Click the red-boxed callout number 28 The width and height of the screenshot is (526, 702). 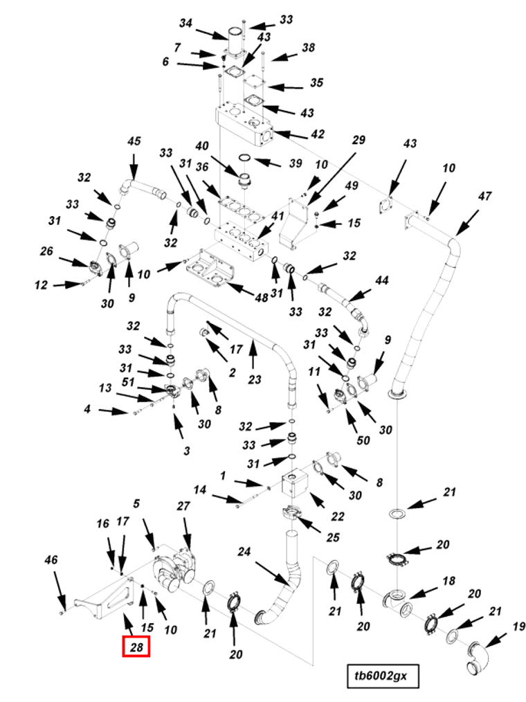(136, 647)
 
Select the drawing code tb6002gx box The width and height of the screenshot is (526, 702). (383, 676)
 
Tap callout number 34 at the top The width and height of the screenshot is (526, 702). (185, 23)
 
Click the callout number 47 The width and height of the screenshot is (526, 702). (484, 196)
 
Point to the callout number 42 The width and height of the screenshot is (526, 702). (318, 134)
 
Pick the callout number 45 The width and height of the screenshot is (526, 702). (134, 141)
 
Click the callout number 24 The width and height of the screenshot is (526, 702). (244, 552)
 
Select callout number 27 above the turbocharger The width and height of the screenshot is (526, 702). (183, 506)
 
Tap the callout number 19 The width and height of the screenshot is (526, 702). (518, 627)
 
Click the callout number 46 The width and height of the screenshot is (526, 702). (51, 559)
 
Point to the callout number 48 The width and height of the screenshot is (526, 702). (262, 297)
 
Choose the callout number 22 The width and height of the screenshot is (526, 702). (338, 516)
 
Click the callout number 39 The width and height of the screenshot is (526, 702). (296, 163)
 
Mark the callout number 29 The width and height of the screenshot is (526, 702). (359, 140)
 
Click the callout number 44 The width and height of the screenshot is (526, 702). (382, 280)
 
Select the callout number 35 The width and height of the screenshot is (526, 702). (316, 83)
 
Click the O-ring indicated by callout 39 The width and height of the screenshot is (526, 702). (244, 157)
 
